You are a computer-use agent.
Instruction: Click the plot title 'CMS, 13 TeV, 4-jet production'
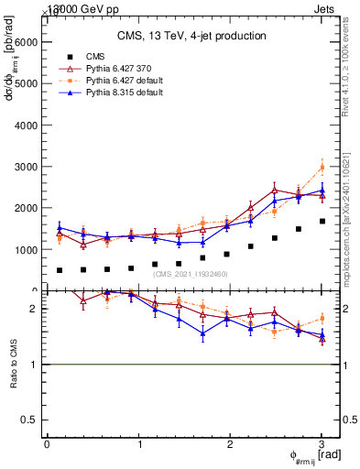click(191, 37)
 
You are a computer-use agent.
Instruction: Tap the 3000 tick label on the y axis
click(26, 167)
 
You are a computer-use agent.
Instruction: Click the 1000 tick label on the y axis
click(26, 249)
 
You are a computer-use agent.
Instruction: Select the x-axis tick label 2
click(230, 444)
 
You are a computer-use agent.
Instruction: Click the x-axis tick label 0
click(47, 444)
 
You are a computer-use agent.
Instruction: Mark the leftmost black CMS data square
click(60, 270)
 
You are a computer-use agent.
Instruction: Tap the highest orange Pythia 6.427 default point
click(322, 167)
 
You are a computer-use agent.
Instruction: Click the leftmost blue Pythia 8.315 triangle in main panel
click(60, 228)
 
